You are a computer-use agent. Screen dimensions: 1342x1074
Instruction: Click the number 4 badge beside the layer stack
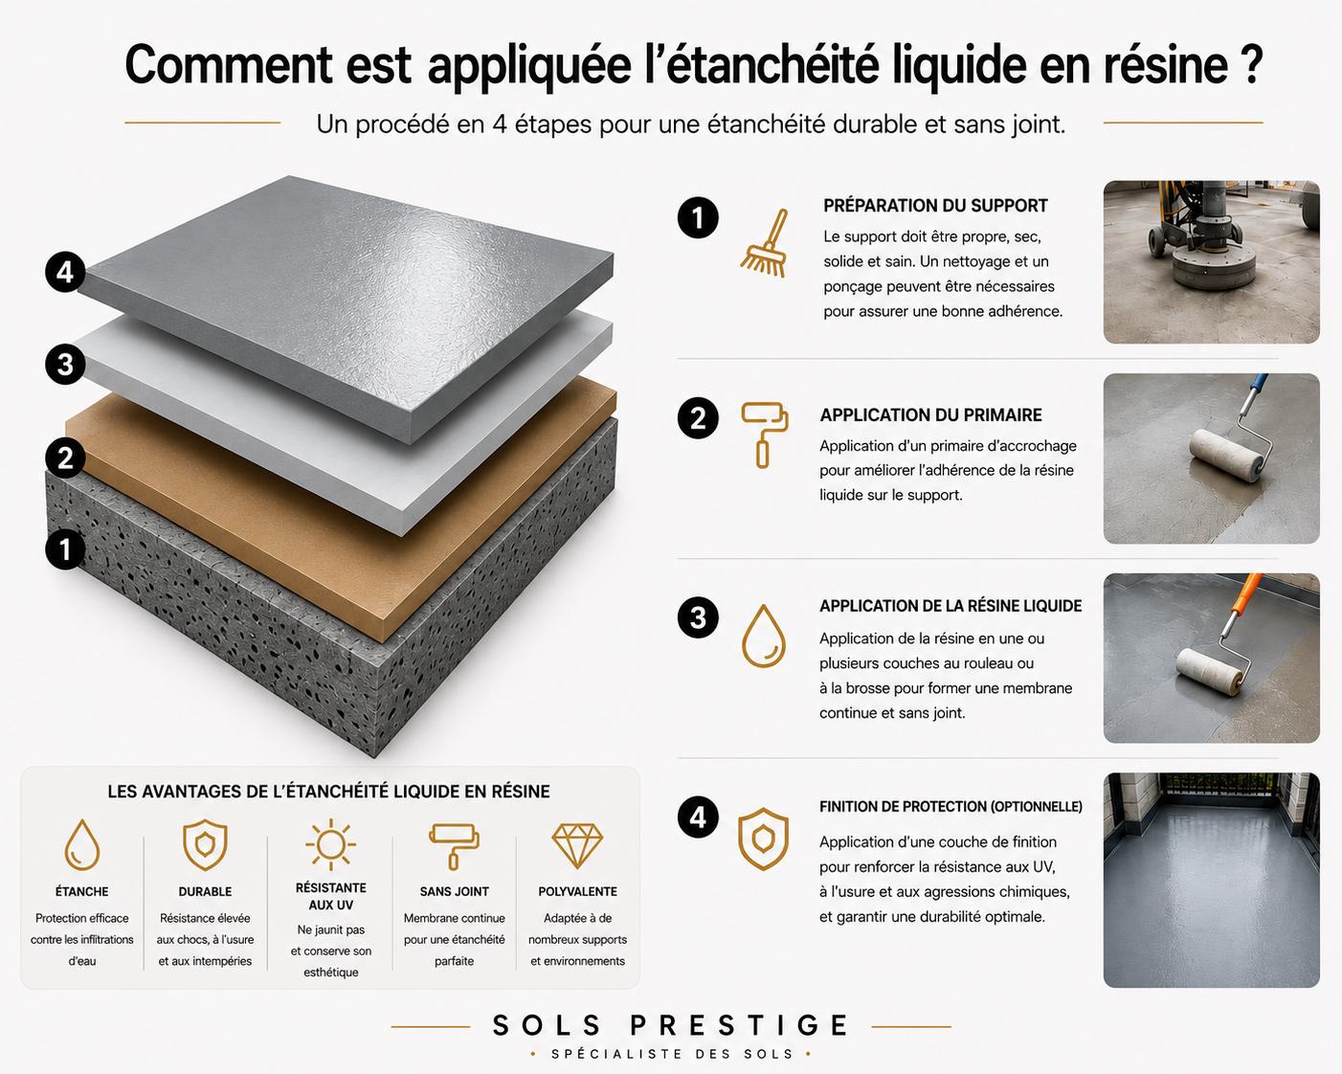[65, 273]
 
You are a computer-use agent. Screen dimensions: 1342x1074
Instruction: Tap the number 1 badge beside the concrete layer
[65, 550]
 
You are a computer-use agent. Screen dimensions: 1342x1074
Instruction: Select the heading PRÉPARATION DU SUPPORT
[935, 206]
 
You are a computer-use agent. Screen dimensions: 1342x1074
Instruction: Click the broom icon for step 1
[765, 243]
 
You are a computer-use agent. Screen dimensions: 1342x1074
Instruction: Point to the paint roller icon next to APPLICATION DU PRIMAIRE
[765, 435]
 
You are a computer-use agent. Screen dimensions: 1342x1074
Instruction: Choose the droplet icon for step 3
[763, 636]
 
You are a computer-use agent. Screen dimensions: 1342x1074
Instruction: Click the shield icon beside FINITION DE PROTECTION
[763, 839]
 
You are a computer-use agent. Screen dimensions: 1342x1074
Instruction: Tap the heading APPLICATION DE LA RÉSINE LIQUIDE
[951, 606]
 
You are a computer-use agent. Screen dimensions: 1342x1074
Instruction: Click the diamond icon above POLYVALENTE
[577, 846]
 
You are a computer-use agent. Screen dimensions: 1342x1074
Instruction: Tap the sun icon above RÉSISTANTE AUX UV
[330, 844]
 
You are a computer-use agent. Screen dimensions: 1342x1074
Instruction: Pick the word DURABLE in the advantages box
[205, 892]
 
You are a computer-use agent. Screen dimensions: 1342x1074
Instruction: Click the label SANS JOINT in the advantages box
[454, 892]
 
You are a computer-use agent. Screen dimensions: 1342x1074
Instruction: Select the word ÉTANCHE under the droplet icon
[81, 891]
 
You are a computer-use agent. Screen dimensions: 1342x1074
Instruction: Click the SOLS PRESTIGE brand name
[670, 1025]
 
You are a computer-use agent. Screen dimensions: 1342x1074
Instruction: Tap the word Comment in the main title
[228, 65]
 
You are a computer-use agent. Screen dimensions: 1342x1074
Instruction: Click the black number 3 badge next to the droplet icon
[698, 618]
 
